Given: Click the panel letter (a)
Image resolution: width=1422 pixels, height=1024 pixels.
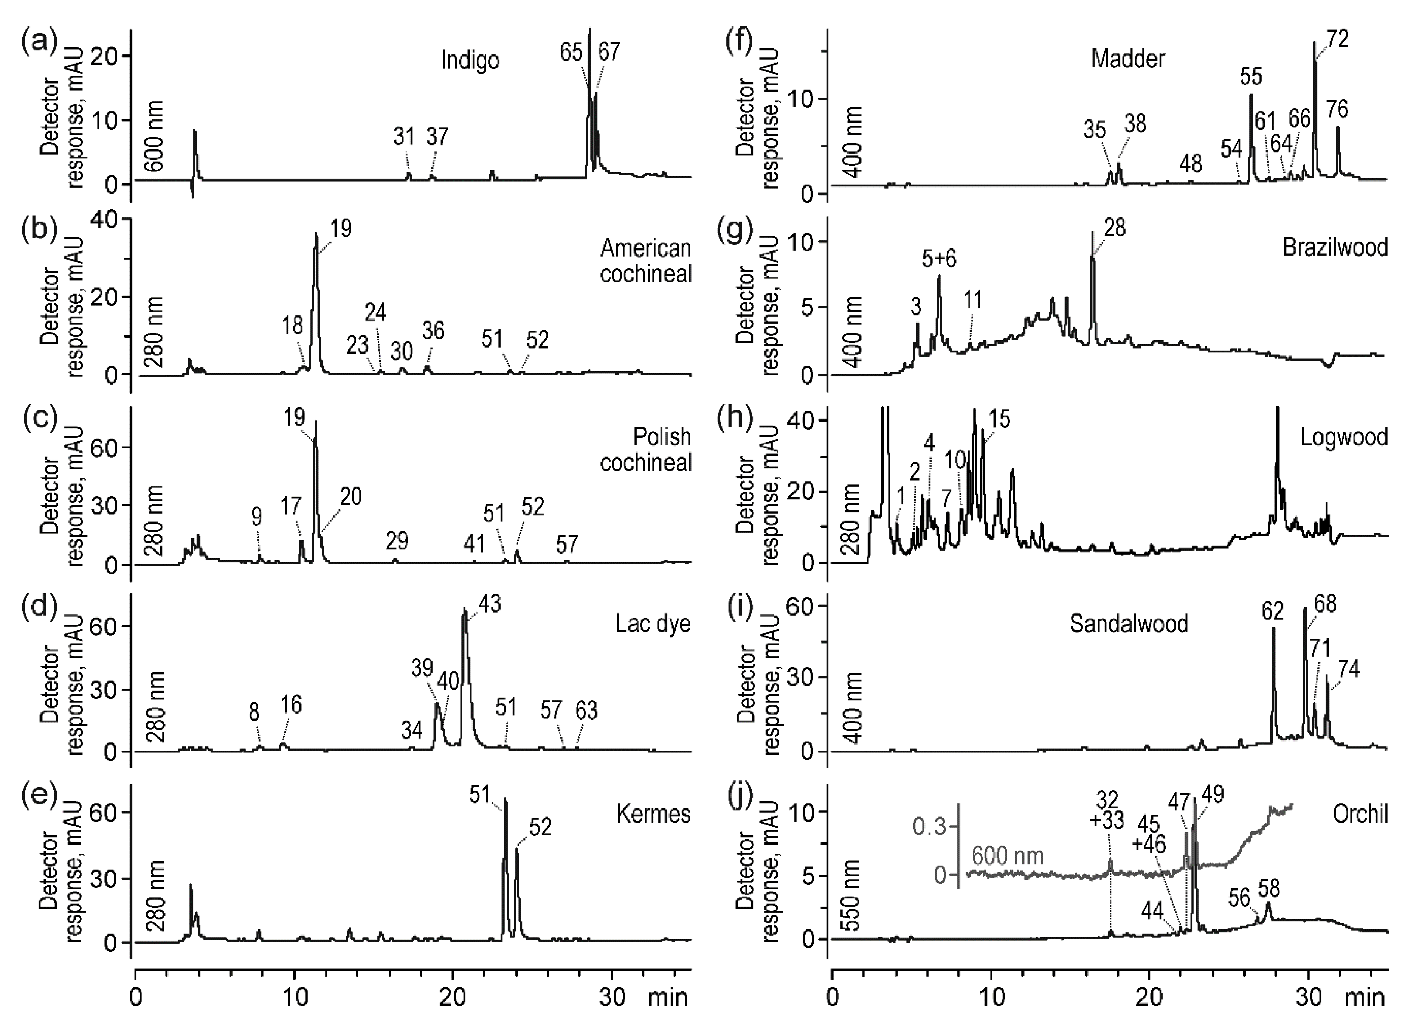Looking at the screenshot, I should pos(39,45).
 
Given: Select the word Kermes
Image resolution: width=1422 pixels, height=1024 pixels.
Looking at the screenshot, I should pos(653,814).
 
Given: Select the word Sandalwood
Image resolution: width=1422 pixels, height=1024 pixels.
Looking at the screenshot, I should pos(1129,624).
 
